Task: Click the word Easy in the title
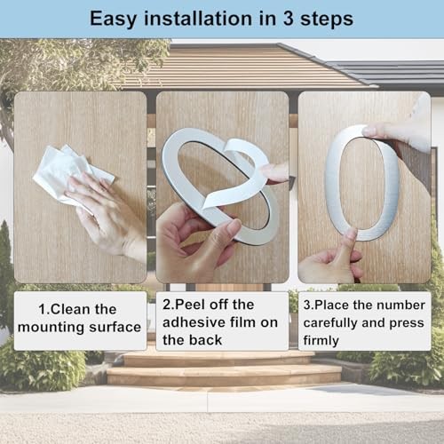pos(113,20)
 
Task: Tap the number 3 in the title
pos(289,19)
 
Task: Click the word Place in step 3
pos(329,305)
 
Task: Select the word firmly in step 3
pos(321,340)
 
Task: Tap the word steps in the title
pos(327,20)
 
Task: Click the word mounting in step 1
pos(52,328)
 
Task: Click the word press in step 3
pos(407,323)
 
